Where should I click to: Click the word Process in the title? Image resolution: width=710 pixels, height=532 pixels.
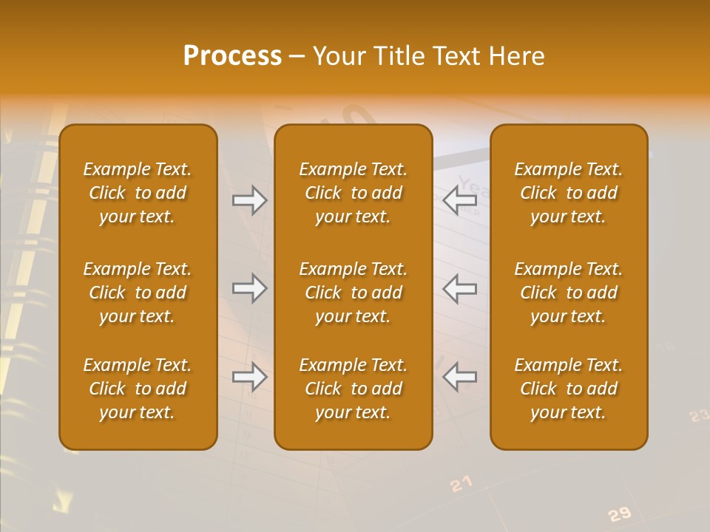coord(232,56)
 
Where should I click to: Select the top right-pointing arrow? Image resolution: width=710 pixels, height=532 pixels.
coord(249,199)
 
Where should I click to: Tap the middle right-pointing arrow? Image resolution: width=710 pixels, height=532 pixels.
coord(249,288)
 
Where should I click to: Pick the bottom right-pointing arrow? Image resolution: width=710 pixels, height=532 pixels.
coord(249,377)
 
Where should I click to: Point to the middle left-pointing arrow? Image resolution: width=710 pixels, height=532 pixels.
coord(459,288)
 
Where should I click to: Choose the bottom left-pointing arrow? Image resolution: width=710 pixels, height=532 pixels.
coord(459,377)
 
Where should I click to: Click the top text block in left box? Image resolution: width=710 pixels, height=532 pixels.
coord(138,193)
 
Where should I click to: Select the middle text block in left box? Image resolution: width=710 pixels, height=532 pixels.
coord(138,293)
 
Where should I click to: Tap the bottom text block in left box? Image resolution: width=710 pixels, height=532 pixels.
coord(138,389)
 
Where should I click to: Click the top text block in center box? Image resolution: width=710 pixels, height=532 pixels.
coord(354,193)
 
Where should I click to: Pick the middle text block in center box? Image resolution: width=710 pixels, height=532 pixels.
coord(354,293)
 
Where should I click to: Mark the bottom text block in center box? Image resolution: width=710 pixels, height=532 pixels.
coord(354,389)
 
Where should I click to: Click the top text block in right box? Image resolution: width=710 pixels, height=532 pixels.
coord(569,193)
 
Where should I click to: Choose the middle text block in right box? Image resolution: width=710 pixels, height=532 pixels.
coord(569,293)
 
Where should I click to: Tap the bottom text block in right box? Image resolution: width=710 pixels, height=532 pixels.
coord(569,389)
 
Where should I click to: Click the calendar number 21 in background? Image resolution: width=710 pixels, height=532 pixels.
coord(461,484)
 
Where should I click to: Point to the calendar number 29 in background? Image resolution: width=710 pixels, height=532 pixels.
coord(620,514)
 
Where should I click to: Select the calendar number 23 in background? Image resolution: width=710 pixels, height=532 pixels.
coord(699,416)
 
